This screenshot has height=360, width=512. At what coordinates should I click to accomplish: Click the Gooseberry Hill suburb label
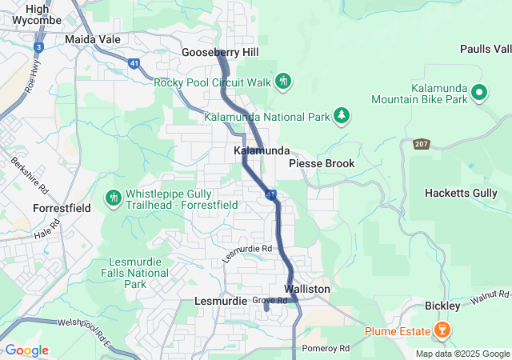[x=220, y=52]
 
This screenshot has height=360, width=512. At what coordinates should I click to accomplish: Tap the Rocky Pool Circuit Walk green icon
[x=283, y=81]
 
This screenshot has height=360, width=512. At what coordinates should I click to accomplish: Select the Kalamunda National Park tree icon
[x=342, y=117]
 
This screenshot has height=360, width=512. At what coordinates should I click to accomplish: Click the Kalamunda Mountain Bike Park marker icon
[x=479, y=93]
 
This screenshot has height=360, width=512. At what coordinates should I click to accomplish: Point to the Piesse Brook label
[x=321, y=163]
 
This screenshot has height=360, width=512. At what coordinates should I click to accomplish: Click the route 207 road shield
[x=422, y=145]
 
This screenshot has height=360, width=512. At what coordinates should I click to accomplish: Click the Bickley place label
[x=442, y=306]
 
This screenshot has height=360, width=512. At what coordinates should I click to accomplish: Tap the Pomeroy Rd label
[x=326, y=349]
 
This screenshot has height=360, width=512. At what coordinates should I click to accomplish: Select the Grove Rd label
[x=270, y=301]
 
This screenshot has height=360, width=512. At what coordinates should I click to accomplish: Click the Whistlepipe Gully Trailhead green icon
[x=114, y=197]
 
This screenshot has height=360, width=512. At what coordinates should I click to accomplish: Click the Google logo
[x=26, y=350]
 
